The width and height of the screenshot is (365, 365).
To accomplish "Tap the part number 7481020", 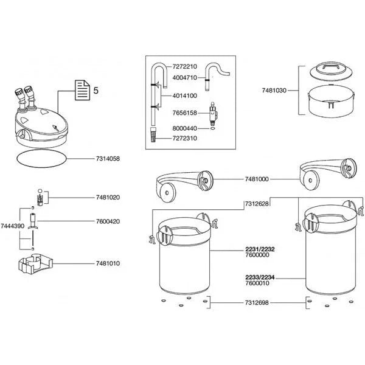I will click(x=108, y=198).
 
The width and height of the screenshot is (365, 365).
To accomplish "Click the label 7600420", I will click(x=108, y=221).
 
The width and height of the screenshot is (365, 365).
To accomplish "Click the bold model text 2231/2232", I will click(x=256, y=250).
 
